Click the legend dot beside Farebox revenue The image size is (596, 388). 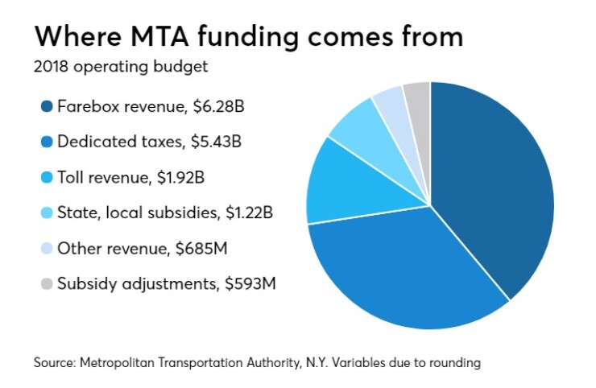click(43, 107)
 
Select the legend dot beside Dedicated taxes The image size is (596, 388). click(43, 142)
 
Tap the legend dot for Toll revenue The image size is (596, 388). click(43, 178)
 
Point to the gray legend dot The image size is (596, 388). click(43, 284)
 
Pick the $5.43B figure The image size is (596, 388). click(216, 142)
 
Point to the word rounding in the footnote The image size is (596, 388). click(453, 363)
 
